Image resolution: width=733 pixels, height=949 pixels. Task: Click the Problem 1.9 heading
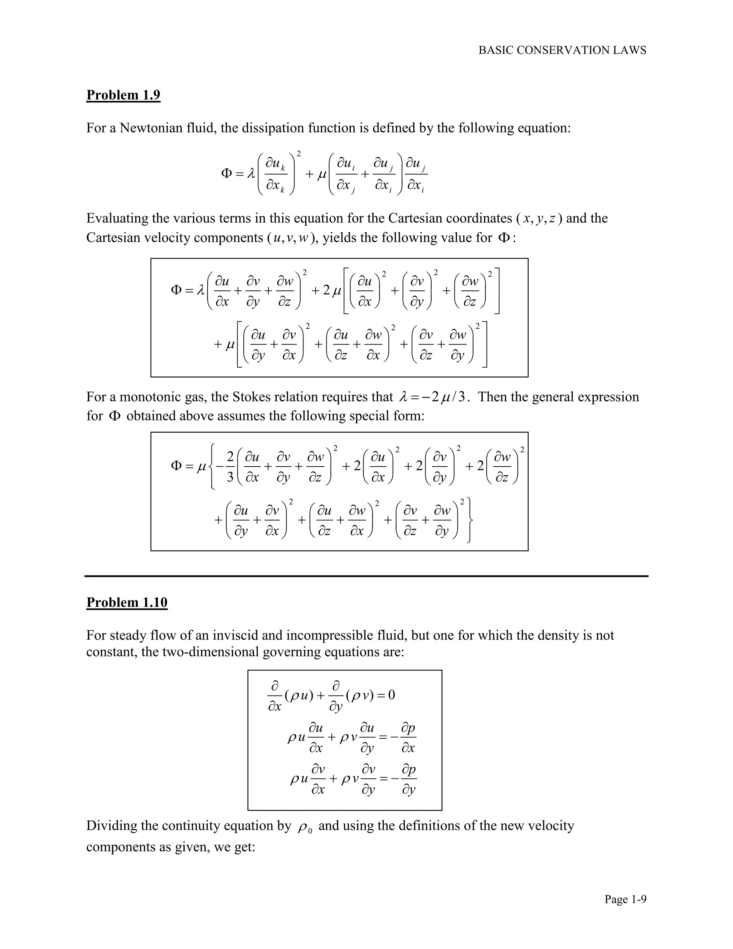coord(123,95)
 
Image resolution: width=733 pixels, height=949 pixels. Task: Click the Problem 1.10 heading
coord(127,602)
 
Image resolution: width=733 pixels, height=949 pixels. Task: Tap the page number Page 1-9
coord(625,899)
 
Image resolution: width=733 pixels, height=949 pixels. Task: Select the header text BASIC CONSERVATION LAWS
coord(562,50)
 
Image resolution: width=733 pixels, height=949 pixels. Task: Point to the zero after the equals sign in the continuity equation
coord(391,695)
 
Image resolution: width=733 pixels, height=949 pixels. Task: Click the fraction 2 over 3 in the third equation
coord(230,467)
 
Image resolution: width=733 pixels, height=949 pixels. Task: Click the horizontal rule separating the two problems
coord(366,576)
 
